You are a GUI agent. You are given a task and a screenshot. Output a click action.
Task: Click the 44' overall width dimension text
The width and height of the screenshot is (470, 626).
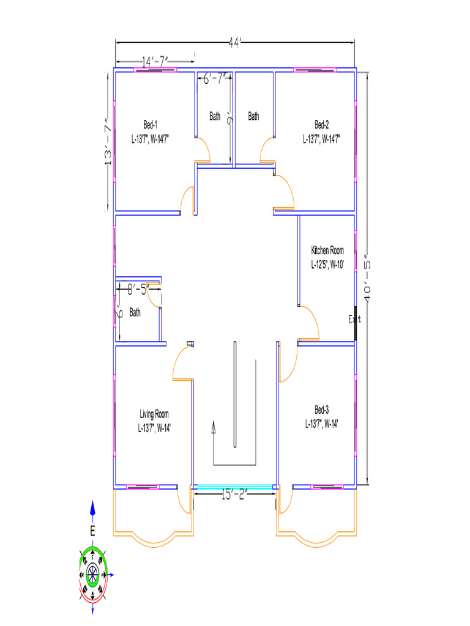click(x=235, y=43)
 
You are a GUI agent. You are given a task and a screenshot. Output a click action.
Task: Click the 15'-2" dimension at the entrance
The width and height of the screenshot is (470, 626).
click(x=233, y=495)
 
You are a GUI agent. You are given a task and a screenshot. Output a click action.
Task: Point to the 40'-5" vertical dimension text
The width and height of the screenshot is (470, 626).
click(x=368, y=278)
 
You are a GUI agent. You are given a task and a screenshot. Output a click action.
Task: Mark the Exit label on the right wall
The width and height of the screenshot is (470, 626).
click(x=355, y=319)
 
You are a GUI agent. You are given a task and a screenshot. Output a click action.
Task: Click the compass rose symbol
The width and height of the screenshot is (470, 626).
click(x=92, y=573)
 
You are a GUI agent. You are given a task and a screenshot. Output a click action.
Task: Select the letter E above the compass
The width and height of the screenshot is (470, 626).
click(x=93, y=531)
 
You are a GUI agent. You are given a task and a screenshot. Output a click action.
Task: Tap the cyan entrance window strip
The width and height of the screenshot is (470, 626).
click(x=233, y=487)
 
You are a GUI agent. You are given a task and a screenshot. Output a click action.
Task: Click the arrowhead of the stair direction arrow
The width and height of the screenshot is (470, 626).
click(x=214, y=426)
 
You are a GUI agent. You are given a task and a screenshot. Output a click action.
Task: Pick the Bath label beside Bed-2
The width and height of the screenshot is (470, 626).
click(x=253, y=116)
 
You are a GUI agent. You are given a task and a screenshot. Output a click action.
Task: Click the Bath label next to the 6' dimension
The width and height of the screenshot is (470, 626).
click(x=135, y=312)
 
